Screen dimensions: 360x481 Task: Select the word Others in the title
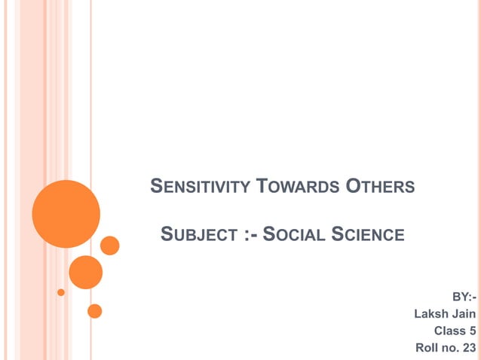pyautogui.click(x=380, y=185)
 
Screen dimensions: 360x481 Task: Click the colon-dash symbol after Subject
pyautogui.click(x=253, y=235)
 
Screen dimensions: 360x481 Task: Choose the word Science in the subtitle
pyautogui.click(x=369, y=235)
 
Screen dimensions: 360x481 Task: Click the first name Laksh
pyautogui.click(x=431, y=313)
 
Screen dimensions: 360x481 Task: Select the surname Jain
pyautogui.click(x=463, y=313)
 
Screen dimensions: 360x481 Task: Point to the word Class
pyautogui.click(x=449, y=331)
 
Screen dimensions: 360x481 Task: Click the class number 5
pyautogui.click(x=472, y=331)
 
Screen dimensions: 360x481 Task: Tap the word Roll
pyautogui.click(x=427, y=348)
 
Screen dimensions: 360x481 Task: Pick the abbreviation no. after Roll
pyautogui.click(x=451, y=348)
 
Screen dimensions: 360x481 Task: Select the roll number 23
pyautogui.click(x=469, y=348)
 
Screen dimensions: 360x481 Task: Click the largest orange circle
pyautogui.click(x=66, y=214)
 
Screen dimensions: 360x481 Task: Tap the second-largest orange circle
pyautogui.click(x=85, y=272)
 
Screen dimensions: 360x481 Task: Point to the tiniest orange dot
pyautogui.click(x=61, y=291)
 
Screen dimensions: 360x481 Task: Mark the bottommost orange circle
pyautogui.click(x=94, y=310)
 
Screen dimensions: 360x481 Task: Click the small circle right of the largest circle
pyautogui.click(x=110, y=246)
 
